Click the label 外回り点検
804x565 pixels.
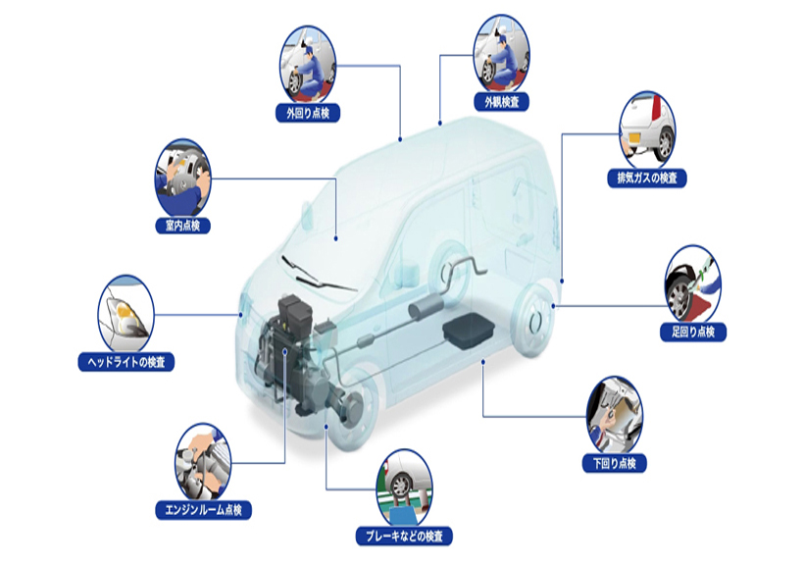coord(308,113)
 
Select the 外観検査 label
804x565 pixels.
coord(501,102)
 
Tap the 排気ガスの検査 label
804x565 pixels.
coord(647,179)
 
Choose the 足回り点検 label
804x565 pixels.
coord(693,332)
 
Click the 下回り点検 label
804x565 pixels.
coord(615,463)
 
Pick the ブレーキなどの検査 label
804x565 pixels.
coord(404,537)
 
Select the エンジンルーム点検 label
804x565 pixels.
coord(204,510)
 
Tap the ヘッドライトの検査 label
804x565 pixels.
coord(126,362)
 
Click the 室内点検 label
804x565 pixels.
coord(183,226)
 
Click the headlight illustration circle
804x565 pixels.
coord(126,313)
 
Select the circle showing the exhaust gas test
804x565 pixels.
coord(647,129)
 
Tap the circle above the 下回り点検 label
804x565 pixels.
coord(615,415)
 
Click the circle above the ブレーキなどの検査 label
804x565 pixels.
coord(404,488)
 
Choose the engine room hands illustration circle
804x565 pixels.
coord(204,462)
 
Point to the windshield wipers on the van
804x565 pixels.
coord(318,275)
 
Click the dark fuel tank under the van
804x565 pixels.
coord(469,331)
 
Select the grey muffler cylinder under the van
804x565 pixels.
coord(426,306)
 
